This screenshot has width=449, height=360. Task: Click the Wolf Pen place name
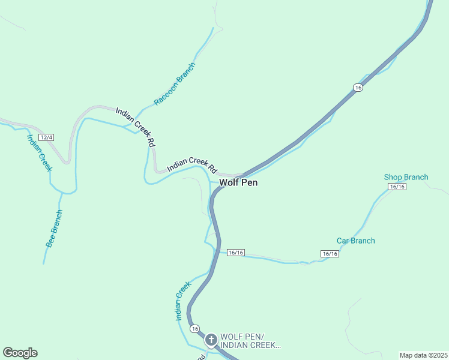tap(238, 182)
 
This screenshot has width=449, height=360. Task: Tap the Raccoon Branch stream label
tap(175, 84)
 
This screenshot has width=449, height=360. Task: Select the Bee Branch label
tap(54, 229)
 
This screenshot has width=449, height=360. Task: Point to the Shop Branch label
tap(406, 177)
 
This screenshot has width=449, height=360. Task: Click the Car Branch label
tap(355, 241)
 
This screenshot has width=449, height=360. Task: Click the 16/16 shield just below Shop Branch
tap(397, 187)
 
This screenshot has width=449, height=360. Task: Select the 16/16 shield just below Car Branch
tap(330, 254)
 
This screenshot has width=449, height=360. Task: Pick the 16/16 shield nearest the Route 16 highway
tap(235, 253)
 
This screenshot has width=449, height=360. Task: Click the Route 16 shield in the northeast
tap(358, 88)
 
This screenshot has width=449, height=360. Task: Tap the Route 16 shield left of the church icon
tap(194, 329)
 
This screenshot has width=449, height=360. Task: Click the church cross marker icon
tap(211, 340)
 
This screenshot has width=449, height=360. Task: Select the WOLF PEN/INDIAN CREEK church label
tap(250, 341)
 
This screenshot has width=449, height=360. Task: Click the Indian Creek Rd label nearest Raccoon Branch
tap(136, 127)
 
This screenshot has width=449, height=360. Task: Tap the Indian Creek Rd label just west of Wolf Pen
tap(191, 164)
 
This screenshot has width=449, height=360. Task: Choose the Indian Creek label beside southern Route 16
tap(183, 301)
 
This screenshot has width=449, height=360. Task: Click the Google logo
tap(20, 353)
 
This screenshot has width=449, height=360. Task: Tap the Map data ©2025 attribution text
tap(423, 355)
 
